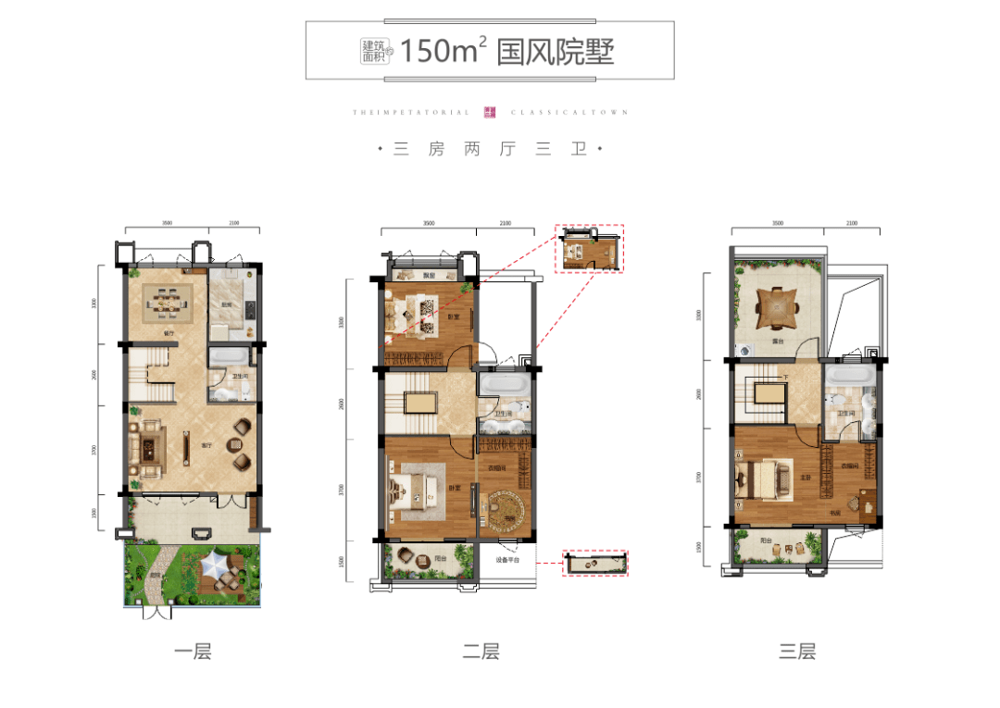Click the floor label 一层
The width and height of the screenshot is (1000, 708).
point(193,652)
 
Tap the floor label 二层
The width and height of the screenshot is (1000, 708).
point(481,652)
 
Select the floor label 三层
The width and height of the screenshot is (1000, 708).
point(797,652)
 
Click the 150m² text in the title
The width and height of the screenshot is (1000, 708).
point(444,51)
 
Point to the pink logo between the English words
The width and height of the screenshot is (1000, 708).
point(491,112)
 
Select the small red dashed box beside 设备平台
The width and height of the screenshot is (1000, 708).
point(596,563)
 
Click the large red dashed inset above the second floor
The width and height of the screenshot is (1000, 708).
point(589,248)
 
